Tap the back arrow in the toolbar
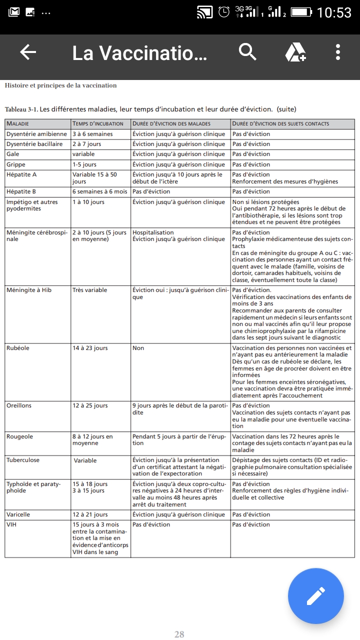click(28, 52)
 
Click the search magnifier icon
click(247, 51)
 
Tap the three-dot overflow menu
click(338, 52)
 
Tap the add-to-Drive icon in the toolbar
click(295, 52)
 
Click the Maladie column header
click(18, 124)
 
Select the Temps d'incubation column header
click(98, 124)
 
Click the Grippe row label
click(16, 164)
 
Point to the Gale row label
click(13, 154)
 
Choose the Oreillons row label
click(19, 405)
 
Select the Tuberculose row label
click(23, 460)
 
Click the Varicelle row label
click(18, 514)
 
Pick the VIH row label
click(11, 524)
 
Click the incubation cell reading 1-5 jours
click(84, 164)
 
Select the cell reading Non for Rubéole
click(138, 348)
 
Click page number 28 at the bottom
click(179, 634)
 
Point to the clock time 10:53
click(334, 12)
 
